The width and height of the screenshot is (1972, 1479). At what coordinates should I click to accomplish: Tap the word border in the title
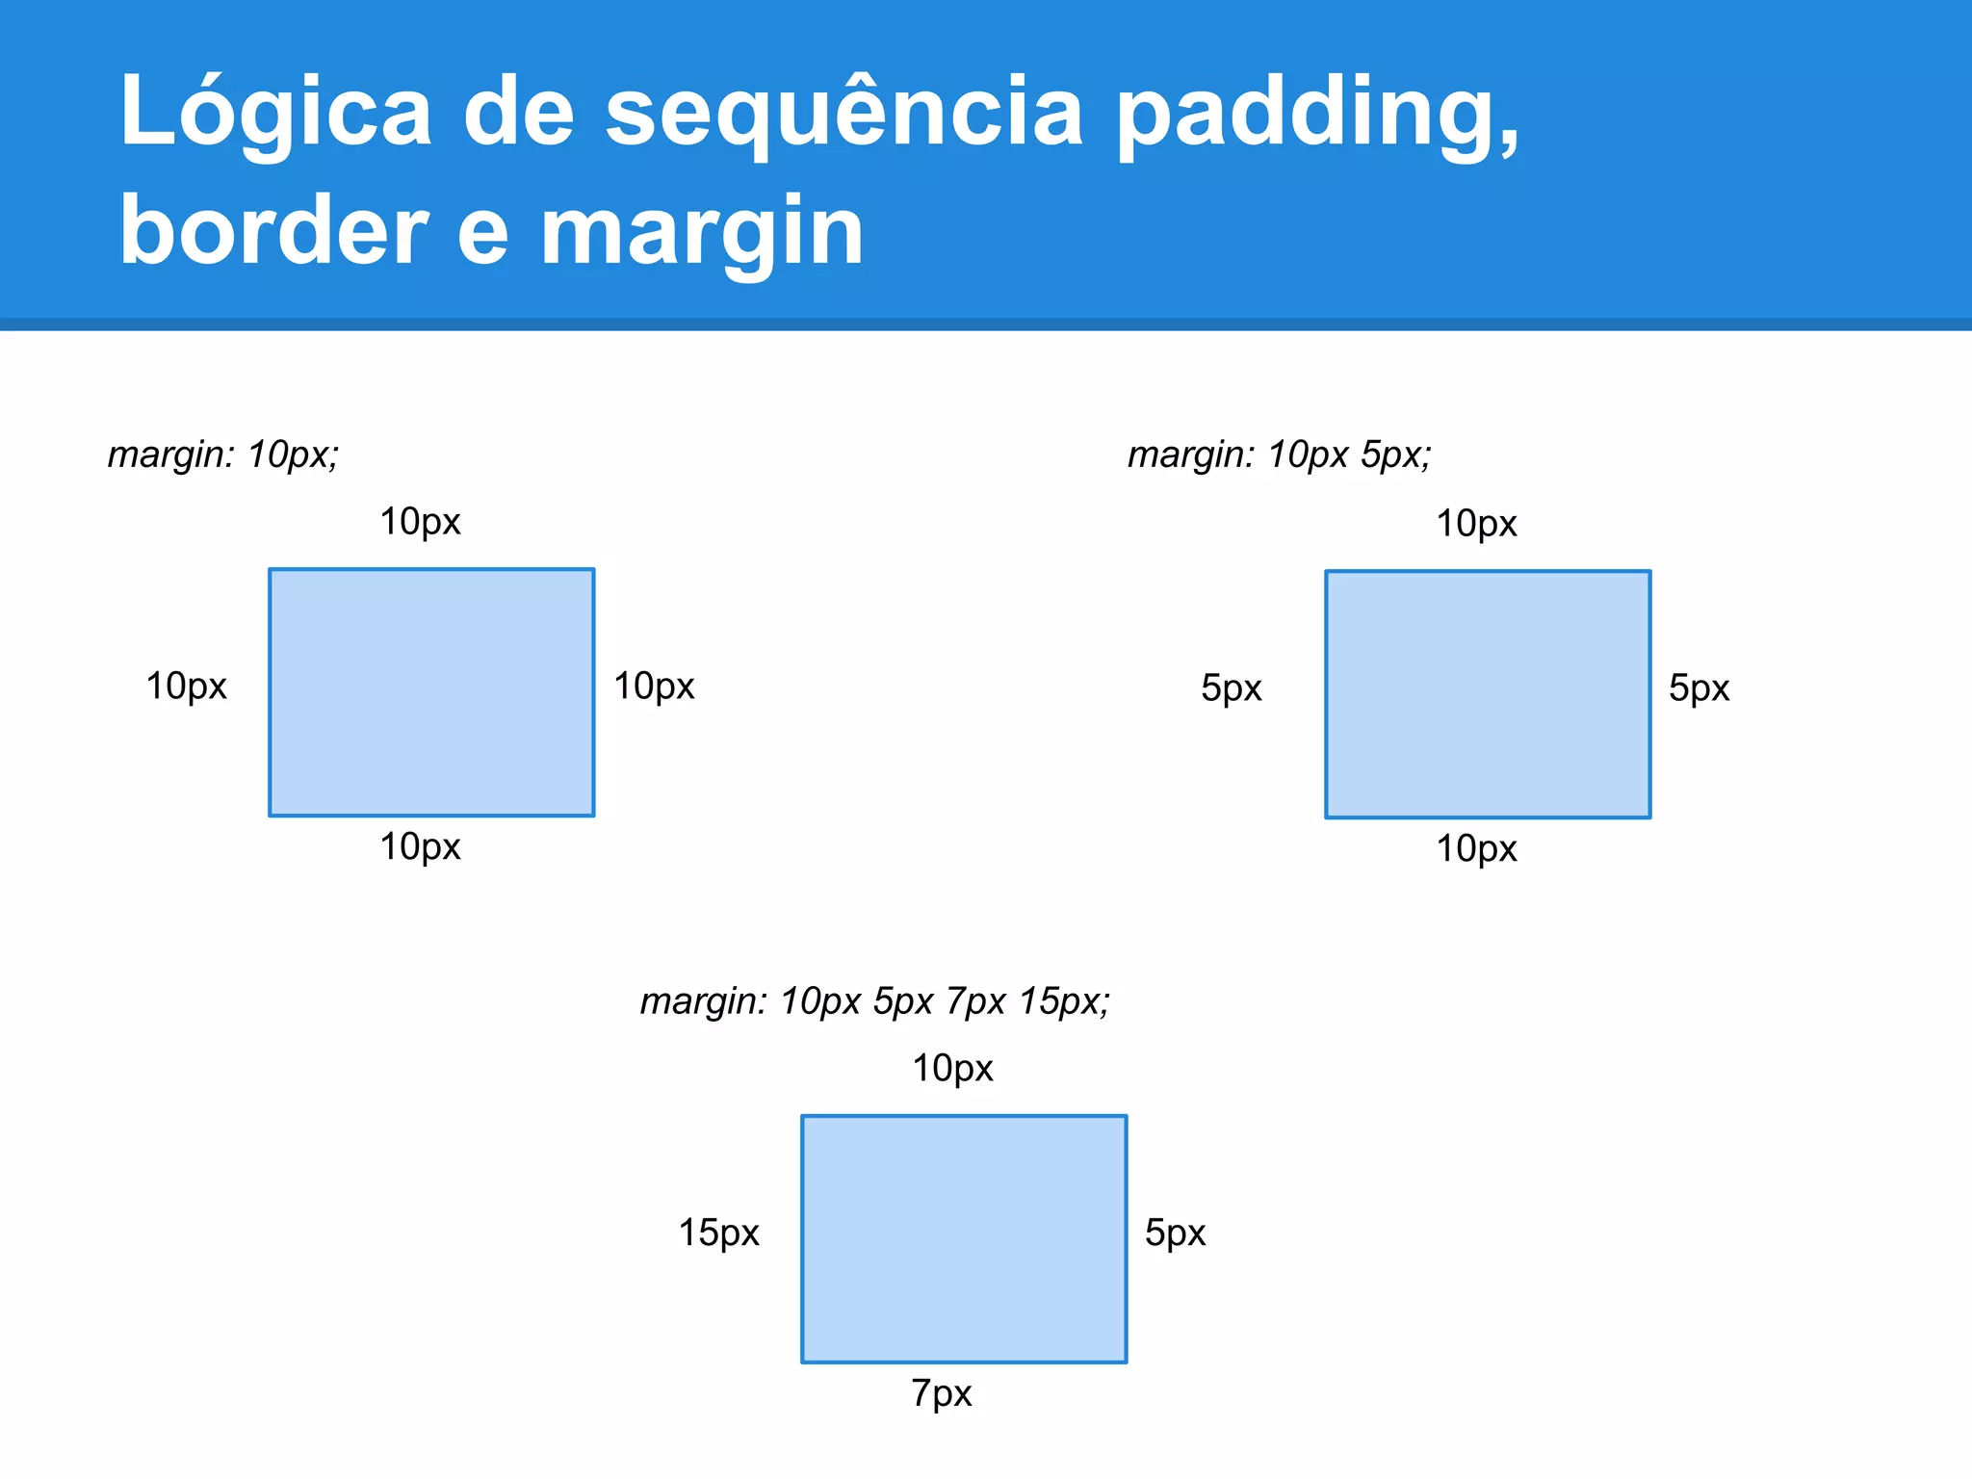point(273,231)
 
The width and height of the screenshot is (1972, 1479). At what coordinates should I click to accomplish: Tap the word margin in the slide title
point(702,231)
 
